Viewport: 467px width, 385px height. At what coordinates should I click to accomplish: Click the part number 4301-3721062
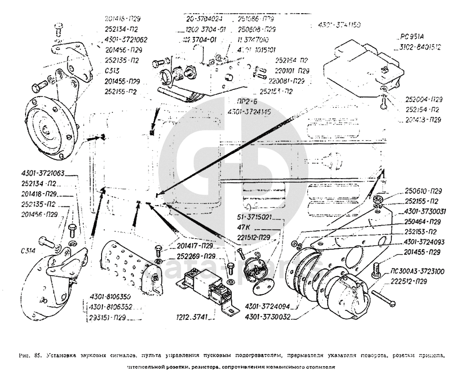tap(125, 39)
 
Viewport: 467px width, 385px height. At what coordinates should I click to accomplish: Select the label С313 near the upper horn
tap(112, 71)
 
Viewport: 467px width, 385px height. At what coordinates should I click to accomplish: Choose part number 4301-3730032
tap(267, 315)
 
